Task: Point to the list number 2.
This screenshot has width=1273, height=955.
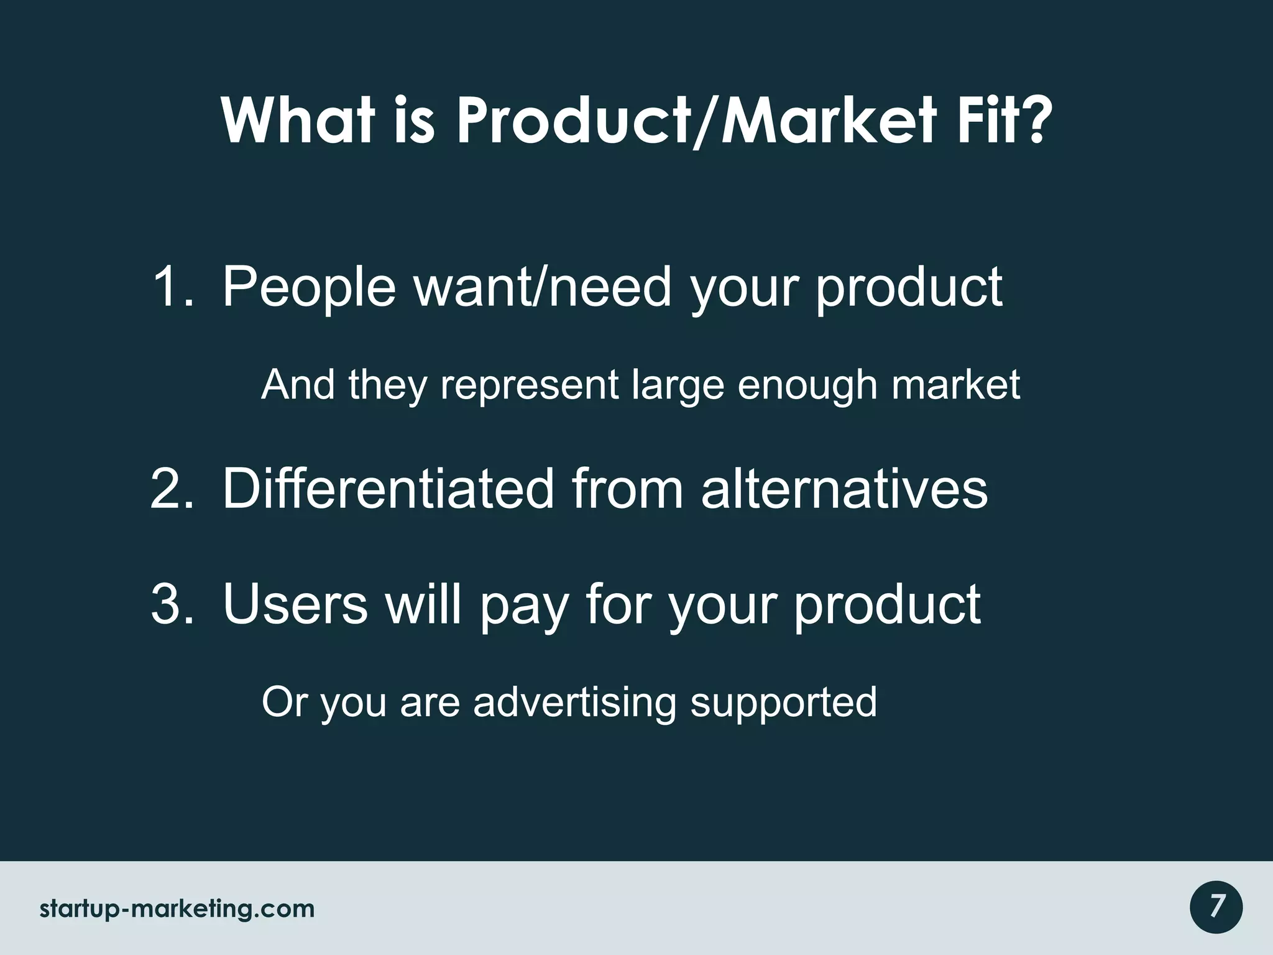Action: pyautogui.click(x=172, y=489)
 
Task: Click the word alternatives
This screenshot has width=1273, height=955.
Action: pyautogui.click(x=844, y=489)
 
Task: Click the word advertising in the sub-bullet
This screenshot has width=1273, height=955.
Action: pyautogui.click(x=574, y=703)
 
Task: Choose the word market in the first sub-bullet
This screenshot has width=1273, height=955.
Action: pyautogui.click(x=956, y=385)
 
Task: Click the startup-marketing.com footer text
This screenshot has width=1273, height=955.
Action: pyautogui.click(x=177, y=909)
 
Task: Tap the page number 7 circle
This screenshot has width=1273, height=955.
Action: pyautogui.click(x=1216, y=907)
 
